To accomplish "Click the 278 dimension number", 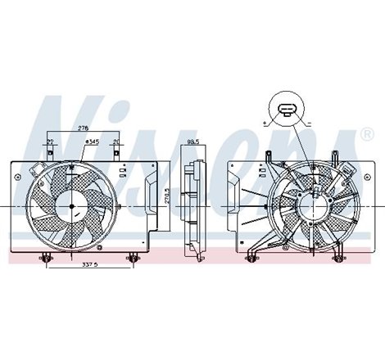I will coord(82,128).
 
